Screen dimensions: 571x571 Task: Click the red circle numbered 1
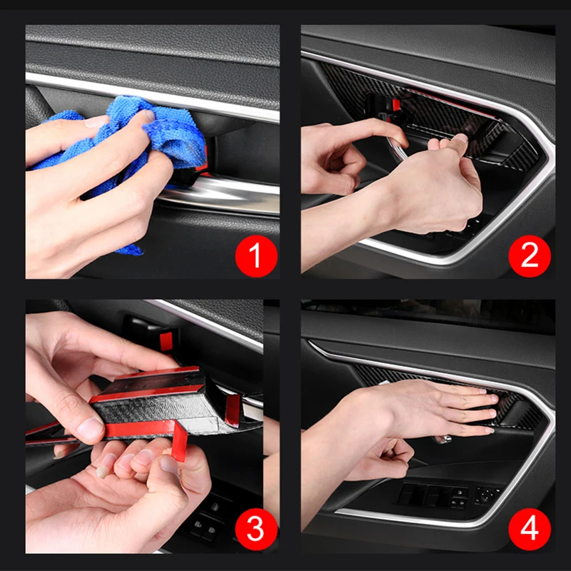256,256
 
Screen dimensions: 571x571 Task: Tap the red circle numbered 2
530,256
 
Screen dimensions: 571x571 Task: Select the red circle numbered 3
256,529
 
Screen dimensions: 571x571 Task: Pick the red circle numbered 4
530,529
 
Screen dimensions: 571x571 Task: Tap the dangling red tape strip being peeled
179,442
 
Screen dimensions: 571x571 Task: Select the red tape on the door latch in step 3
166,341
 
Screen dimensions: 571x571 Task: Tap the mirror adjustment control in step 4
488,495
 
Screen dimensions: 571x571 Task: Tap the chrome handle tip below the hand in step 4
442,439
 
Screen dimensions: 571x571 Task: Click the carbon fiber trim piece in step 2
437,116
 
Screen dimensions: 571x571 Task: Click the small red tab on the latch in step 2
396,105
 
